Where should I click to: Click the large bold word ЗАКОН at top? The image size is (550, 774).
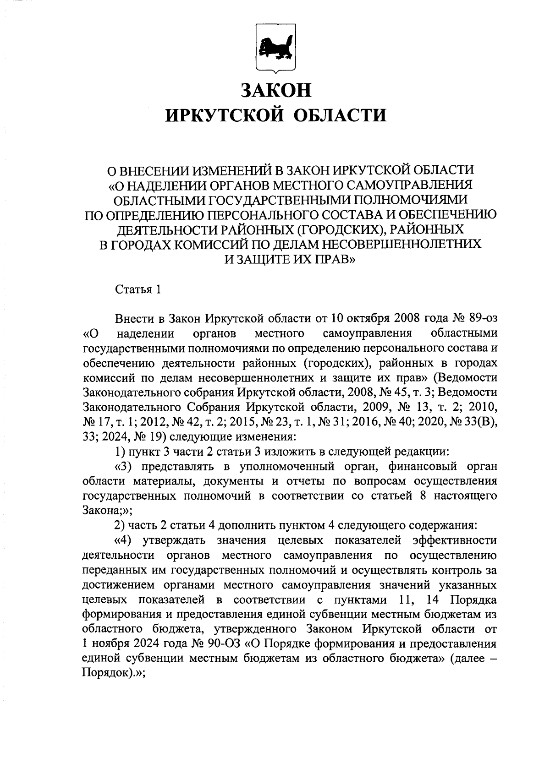tap(276, 90)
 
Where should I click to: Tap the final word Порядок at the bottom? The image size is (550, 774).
tap(104, 674)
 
